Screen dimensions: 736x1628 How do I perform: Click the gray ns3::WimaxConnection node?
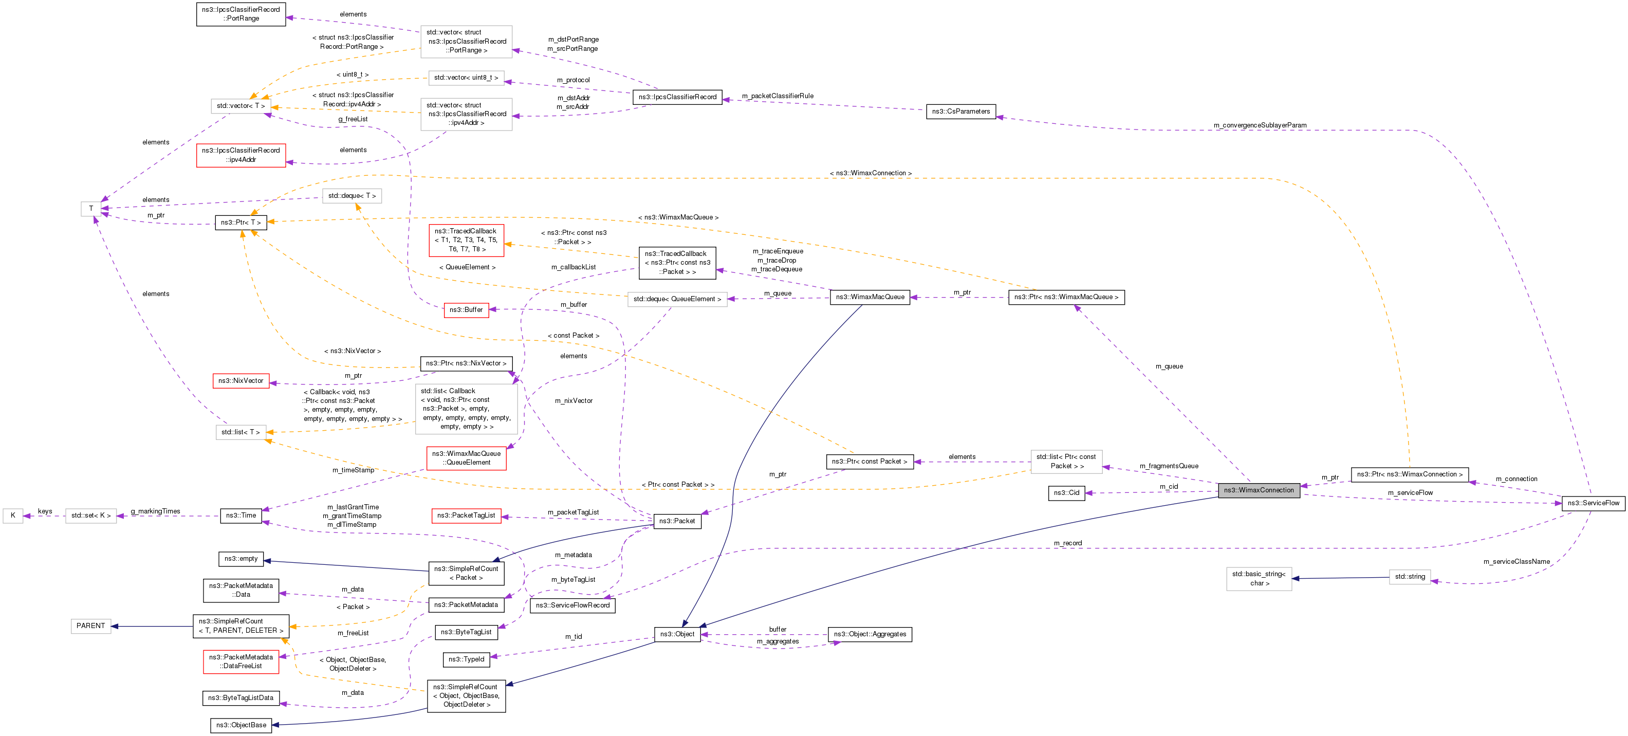(x=1259, y=490)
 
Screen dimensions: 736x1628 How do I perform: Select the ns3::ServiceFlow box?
(x=1593, y=503)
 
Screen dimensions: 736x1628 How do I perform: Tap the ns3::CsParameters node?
(x=960, y=112)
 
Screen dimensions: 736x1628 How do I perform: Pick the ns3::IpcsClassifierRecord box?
(x=677, y=97)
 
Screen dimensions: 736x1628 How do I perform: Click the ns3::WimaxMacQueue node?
(x=869, y=297)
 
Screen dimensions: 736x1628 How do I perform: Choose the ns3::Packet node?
(x=676, y=522)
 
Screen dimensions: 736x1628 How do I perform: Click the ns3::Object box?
(x=677, y=634)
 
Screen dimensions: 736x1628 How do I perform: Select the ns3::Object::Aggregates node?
(x=869, y=634)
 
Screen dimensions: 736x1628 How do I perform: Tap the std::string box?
(x=1409, y=577)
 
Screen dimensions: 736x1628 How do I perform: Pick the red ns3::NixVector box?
(x=241, y=381)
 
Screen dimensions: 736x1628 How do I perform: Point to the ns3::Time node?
(x=241, y=516)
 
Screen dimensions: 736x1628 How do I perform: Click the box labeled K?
(x=13, y=516)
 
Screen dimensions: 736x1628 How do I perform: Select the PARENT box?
(x=90, y=626)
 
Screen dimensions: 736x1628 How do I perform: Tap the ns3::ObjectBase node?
(x=241, y=725)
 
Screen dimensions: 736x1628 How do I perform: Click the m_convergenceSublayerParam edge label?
(x=1260, y=125)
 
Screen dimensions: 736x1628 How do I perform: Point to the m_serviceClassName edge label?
(x=1516, y=561)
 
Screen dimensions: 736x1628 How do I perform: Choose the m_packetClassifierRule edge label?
(x=778, y=96)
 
